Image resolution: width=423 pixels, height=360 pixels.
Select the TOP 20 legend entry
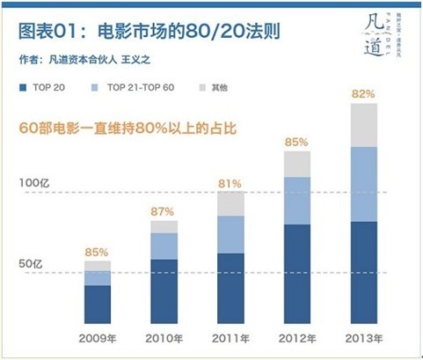pos(46,89)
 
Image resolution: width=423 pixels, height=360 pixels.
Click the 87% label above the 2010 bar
pos(164,212)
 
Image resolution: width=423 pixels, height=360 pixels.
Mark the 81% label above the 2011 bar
pos(230,182)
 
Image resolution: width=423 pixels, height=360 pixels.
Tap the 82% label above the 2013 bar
pos(364,93)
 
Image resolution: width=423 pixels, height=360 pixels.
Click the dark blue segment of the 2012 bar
pos(297,275)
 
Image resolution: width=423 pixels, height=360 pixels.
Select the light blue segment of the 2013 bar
pos(364,184)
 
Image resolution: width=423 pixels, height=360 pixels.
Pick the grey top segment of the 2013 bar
pos(364,125)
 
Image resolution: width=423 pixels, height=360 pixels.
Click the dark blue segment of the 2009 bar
pos(98,305)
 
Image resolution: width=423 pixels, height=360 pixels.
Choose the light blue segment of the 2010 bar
pos(164,246)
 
